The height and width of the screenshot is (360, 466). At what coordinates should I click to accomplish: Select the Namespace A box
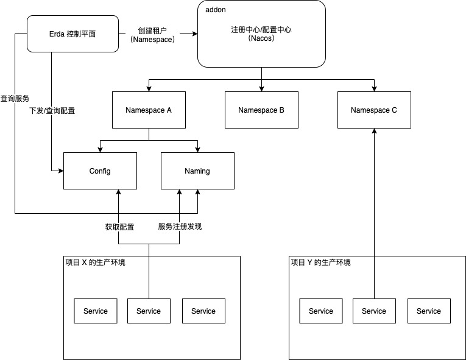pyautogui.click(x=149, y=110)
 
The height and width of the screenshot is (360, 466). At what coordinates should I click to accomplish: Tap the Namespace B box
pyautogui.click(x=261, y=110)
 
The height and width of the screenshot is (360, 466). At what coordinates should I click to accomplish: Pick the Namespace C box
pyautogui.click(x=374, y=110)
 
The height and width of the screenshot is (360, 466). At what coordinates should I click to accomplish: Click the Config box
pyautogui.click(x=100, y=171)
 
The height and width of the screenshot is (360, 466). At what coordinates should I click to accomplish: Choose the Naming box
pyautogui.click(x=197, y=171)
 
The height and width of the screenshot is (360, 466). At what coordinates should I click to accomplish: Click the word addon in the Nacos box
pyautogui.click(x=216, y=10)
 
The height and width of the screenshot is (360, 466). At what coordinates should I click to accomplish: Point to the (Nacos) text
pyautogui.click(x=262, y=38)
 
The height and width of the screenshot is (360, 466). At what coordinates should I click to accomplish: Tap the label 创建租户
pyautogui.click(x=152, y=29)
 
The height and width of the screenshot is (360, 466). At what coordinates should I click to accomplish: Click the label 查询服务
pyautogui.click(x=15, y=98)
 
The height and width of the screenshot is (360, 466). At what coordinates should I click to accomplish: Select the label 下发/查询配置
pyautogui.click(x=52, y=111)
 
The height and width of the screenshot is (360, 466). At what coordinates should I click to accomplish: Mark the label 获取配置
pyautogui.click(x=119, y=227)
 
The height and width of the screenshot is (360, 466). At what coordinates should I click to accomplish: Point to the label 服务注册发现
pyautogui.click(x=180, y=227)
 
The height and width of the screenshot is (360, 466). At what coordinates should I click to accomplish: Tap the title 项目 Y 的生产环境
pyautogui.click(x=320, y=263)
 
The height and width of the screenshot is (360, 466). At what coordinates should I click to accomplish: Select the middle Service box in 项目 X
pyautogui.click(x=149, y=311)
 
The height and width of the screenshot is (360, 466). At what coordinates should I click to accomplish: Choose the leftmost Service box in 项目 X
pyautogui.click(x=96, y=311)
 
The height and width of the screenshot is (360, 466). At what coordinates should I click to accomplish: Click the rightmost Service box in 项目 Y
pyautogui.click(x=429, y=311)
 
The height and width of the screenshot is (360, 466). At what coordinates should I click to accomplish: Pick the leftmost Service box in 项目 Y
pyautogui.click(x=321, y=311)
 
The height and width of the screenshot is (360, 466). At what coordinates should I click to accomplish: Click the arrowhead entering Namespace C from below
pyautogui.click(x=374, y=132)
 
